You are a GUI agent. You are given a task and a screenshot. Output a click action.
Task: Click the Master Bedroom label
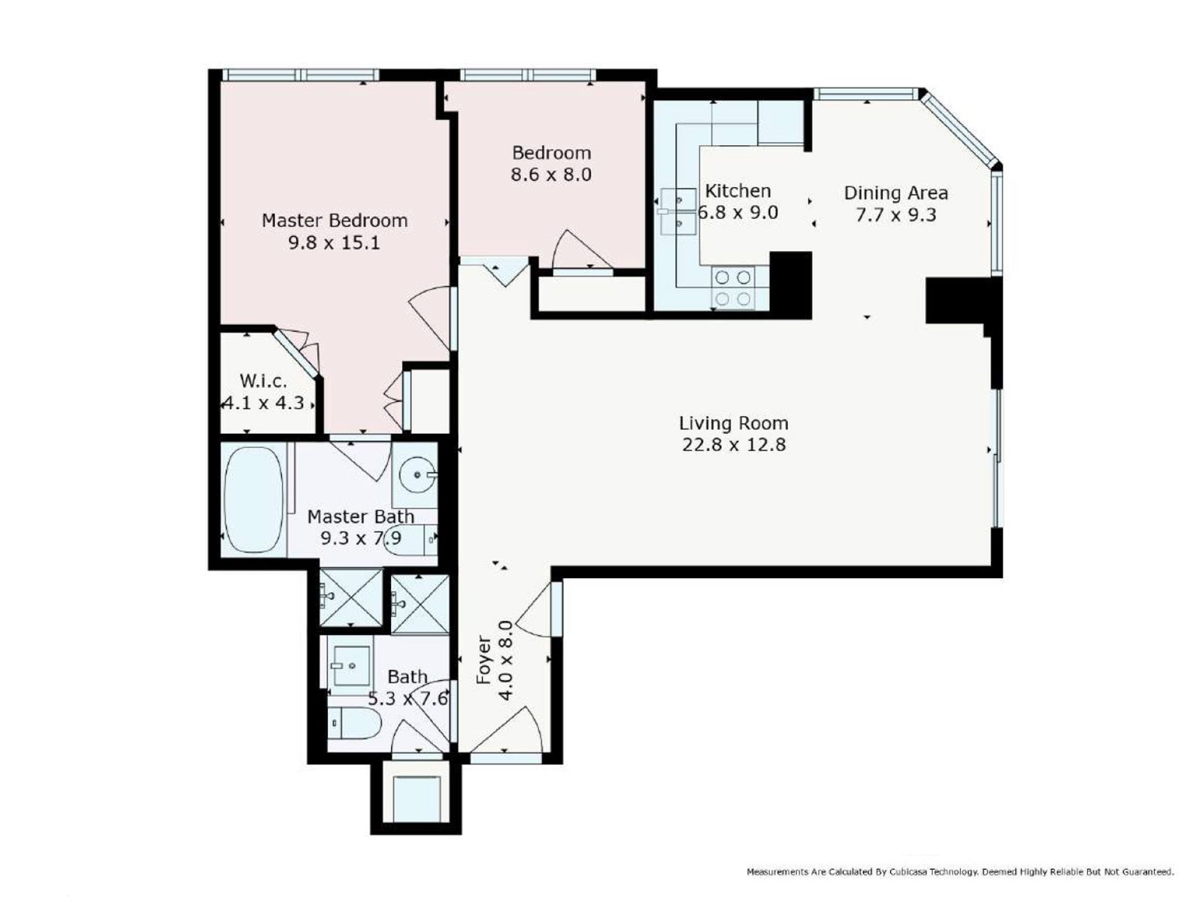(335, 220)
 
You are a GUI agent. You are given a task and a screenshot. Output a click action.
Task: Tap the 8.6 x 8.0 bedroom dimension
(551, 174)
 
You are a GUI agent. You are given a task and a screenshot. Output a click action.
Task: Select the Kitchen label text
(737, 191)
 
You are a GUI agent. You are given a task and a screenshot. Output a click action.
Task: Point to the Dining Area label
(895, 192)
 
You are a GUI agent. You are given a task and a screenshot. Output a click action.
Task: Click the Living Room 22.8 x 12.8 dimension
(734, 444)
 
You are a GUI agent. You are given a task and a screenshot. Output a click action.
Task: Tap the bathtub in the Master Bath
(254, 499)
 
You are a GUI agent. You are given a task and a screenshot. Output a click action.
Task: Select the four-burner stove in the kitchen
(733, 288)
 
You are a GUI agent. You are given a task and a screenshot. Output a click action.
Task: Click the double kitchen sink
(678, 211)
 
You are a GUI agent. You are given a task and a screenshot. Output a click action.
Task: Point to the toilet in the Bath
(355, 722)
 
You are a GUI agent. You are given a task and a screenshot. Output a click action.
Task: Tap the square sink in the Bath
(351, 665)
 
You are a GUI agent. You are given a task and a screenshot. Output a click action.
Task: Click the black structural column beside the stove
(790, 285)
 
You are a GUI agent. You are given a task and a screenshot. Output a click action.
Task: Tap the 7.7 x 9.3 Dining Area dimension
(896, 215)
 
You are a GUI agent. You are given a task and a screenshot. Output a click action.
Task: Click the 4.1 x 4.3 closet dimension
(264, 403)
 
